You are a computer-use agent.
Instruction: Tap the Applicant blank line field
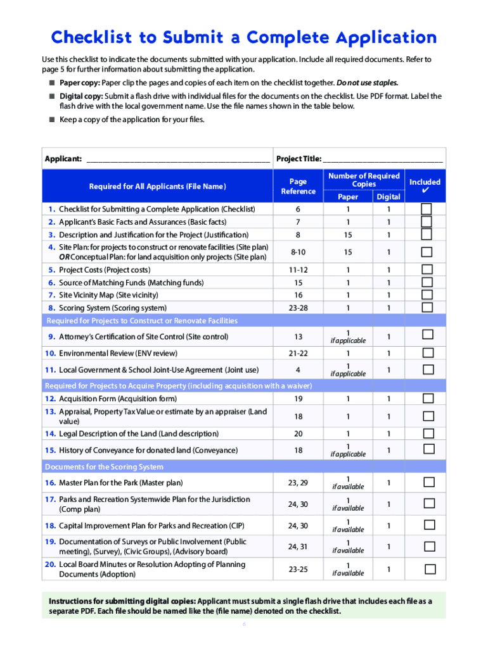tap(177, 159)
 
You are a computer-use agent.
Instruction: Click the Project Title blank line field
tap(383, 159)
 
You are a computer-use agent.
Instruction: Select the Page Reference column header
tap(298, 186)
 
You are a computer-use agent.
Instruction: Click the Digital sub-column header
tap(388, 197)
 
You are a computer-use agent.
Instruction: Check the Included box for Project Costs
tap(427, 270)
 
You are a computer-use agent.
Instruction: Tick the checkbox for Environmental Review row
tap(428, 353)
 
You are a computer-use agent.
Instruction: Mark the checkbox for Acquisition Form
tap(428, 399)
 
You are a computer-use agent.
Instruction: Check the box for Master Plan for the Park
tap(429, 482)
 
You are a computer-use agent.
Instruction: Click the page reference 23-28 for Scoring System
tap(298, 308)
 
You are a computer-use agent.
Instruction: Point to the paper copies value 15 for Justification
tap(347, 235)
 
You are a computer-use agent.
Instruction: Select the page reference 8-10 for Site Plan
tap(298, 252)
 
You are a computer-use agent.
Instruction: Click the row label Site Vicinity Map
tap(108, 296)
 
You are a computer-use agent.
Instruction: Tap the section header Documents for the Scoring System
tap(104, 467)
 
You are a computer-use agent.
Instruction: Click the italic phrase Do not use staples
tap(367, 83)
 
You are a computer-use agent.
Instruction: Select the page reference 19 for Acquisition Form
tap(298, 399)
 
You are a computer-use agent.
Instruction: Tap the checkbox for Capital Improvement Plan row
tap(429, 525)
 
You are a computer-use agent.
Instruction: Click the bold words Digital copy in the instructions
tap(80, 96)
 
